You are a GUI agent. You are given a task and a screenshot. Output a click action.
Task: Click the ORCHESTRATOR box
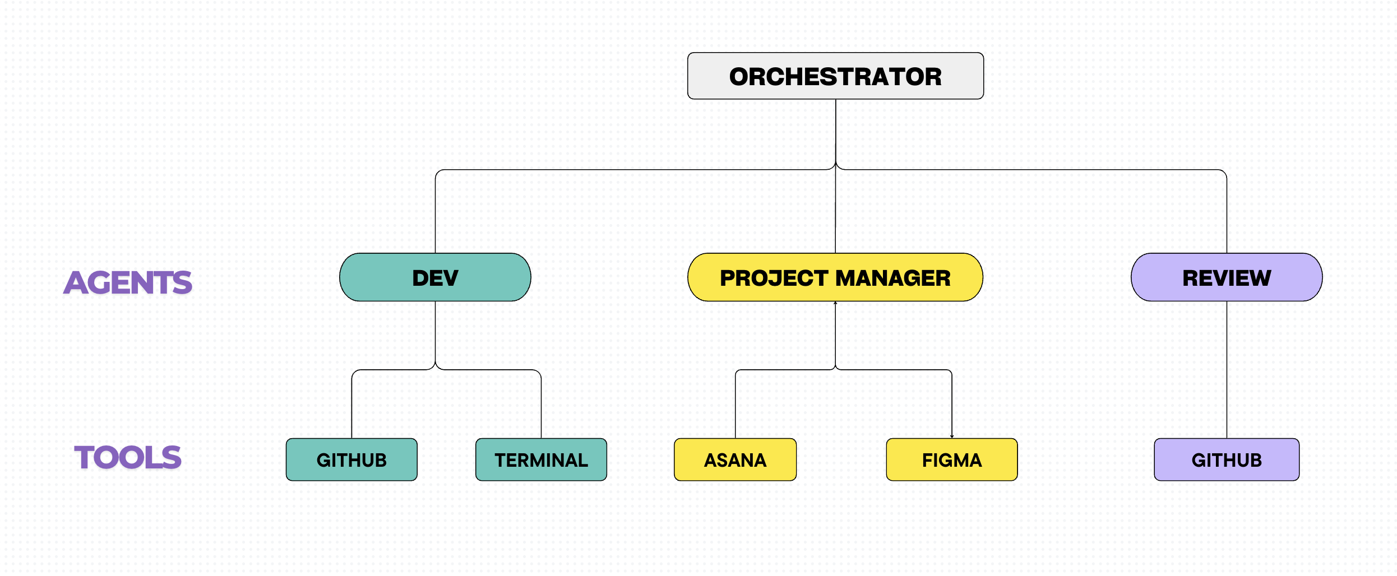point(835,76)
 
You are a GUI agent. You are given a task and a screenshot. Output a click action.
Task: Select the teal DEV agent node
point(435,277)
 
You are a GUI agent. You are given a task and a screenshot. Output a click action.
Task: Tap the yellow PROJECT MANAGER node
point(835,277)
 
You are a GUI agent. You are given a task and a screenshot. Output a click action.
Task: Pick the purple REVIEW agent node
point(1227,277)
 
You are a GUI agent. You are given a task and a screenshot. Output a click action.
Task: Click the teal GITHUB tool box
point(351,459)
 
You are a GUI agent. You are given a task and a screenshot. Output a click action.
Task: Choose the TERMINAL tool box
point(541,459)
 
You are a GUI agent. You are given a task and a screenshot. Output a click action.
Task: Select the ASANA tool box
point(735,459)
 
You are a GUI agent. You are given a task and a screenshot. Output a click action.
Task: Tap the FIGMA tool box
point(951,459)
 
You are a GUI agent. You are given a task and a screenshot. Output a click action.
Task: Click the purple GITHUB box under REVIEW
point(1227,459)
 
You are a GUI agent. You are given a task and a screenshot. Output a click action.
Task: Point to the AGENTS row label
point(128,282)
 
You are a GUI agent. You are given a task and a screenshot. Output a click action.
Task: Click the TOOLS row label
point(128,457)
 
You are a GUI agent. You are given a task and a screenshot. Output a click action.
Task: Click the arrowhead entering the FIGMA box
point(952,436)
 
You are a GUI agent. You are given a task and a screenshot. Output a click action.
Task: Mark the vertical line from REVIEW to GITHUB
point(1227,370)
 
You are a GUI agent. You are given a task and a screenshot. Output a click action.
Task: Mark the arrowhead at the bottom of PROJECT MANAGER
point(835,304)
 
